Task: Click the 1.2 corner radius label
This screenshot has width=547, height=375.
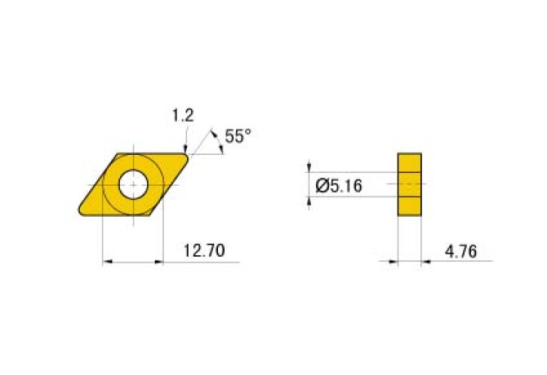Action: tap(182, 117)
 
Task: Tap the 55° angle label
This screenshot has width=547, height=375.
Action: tap(238, 137)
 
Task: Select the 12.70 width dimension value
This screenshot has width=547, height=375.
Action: tap(203, 250)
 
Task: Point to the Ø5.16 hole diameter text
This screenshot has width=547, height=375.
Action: tap(339, 186)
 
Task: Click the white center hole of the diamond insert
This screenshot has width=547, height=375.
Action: tap(132, 184)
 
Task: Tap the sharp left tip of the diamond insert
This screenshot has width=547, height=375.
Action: tap(79, 214)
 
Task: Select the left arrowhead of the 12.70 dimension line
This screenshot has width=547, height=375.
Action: tap(107, 262)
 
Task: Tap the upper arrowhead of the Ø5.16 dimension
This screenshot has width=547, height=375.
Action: tap(310, 168)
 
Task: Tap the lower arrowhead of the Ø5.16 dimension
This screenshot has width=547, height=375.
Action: tap(310, 201)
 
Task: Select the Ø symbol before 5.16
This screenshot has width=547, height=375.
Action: tap(321, 186)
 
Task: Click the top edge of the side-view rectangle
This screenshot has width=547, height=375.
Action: tap(409, 153)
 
